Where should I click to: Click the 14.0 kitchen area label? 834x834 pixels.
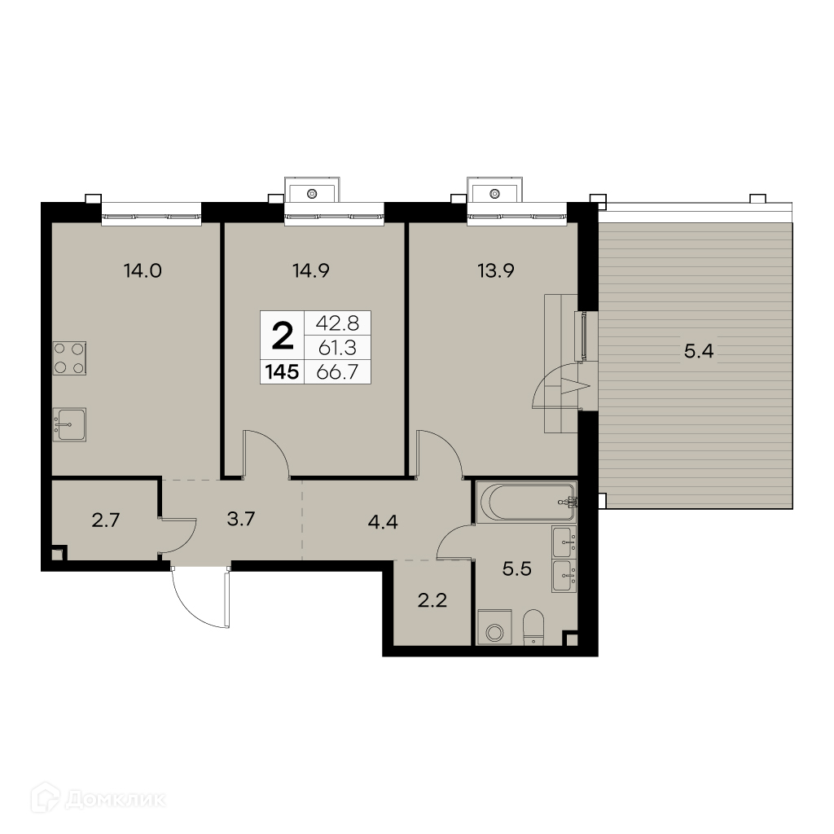(143, 271)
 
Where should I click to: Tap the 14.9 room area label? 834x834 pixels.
(311, 271)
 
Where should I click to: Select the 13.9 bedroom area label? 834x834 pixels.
(496, 271)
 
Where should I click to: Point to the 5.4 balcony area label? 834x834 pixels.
(698, 351)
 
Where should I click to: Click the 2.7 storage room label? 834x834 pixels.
(105, 520)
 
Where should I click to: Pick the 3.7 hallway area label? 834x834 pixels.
(241, 519)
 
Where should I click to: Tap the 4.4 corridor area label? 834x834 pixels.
(383, 522)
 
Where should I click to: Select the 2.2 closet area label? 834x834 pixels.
(432, 601)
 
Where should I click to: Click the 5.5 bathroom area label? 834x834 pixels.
(517, 569)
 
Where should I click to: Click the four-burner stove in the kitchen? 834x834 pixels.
(70, 358)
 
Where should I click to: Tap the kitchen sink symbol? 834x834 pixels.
(70, 424)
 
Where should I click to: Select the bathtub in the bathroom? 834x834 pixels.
(527, 502)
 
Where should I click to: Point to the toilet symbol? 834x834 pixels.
(533, 628)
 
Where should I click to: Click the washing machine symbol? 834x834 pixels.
(494, 627)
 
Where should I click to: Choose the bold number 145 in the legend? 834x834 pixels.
(282, 371)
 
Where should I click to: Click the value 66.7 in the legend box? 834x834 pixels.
(337, 371)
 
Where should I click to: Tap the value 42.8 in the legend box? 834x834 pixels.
(337, 323)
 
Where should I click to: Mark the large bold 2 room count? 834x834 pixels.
(283, 336)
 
